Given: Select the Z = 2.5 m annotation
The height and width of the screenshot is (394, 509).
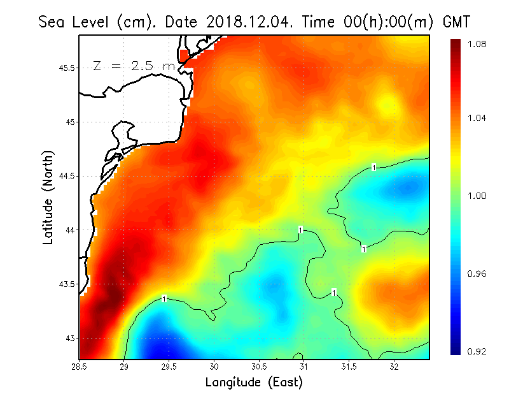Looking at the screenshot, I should [x=134, y=66].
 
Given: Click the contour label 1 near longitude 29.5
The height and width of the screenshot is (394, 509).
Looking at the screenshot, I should [x=164, y=298].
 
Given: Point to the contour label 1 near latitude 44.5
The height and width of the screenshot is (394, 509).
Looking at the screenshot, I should [x=374, y=167].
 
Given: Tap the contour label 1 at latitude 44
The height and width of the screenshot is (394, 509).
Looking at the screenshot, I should [x=300, y=230].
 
